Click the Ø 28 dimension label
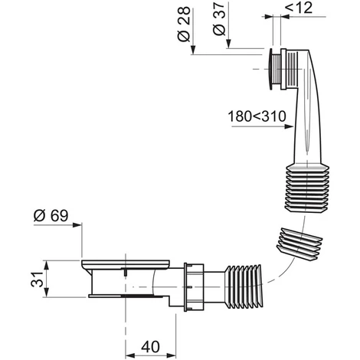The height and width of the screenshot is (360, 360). pyautogui.click(x=184, y=24)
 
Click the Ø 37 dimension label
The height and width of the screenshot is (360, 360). pyautogui.click(x=219, y=19)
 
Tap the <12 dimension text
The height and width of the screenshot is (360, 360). pyautogui.click(x=299, y=8)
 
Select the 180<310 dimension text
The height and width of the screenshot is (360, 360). pyautogui.click(x=257, y=116)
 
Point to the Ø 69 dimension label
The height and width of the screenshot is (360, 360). pyautogui.click(x=51, y=216)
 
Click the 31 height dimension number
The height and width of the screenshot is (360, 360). pyautogui.click(x=38, y=279)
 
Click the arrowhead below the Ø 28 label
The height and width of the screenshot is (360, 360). pyautogui.click(x=193, y=50)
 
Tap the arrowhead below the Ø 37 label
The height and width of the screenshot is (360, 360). pyautogui.click(x=228, y=44)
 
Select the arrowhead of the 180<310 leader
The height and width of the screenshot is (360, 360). pyautogui.click(x=289, y=126)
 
